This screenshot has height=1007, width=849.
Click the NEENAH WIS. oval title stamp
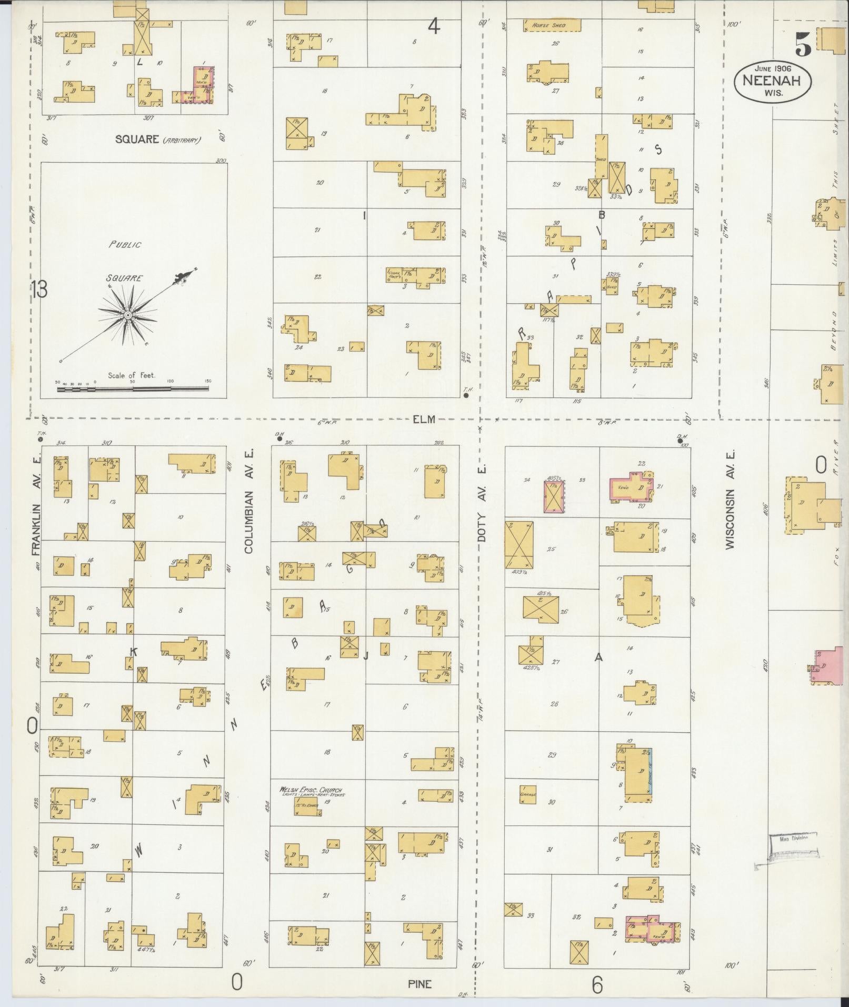pyautogui.click(x=772, y=80)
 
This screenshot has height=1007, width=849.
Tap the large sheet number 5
pyautogui.click(x=803, y=44)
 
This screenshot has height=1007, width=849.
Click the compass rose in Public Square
pyautogui.click(x=127, y=314)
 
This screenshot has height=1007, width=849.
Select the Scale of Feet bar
pyautogui.click(x=133, y=389)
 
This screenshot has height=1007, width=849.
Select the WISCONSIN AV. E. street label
pyautogui.click(x=730, y=501)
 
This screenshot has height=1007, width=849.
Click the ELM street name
pyautogui.click(x=424, y=419)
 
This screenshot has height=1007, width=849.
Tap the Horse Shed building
pyautogui.click(x=552, y=25)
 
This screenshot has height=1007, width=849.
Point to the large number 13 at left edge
pyautogui.click(x=38, y=289)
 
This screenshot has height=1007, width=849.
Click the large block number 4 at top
pyautogui.click(x=433, y=26)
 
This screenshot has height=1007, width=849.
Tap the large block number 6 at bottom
pyautogui.click(x=596, y=985)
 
